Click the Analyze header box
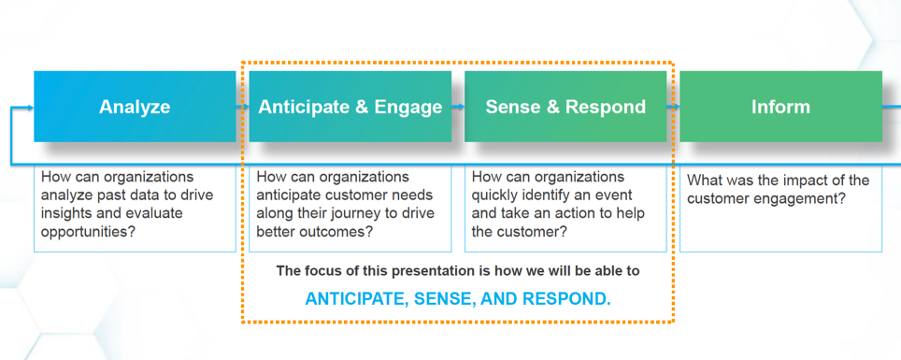135,107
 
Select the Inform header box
780,107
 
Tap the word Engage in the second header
408,107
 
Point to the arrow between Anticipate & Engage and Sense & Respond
458,107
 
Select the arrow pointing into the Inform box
674,107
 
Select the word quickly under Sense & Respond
498,195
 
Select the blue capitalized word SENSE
469,299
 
